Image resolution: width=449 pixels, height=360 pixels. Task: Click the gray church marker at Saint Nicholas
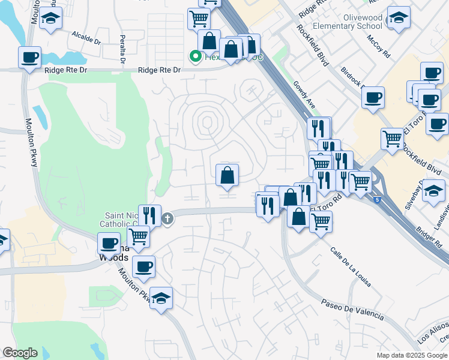[x=167, y=218]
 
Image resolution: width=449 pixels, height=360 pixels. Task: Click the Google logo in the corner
[x=20, y=353]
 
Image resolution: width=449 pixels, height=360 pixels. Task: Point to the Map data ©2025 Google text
[x=412, y=355]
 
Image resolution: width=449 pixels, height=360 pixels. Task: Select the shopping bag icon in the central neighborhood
[x=228, y=175]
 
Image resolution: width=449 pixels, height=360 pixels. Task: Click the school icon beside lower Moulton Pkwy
[x=161, y=299]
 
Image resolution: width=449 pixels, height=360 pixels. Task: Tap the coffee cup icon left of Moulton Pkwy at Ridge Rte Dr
[x=29, y=58]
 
